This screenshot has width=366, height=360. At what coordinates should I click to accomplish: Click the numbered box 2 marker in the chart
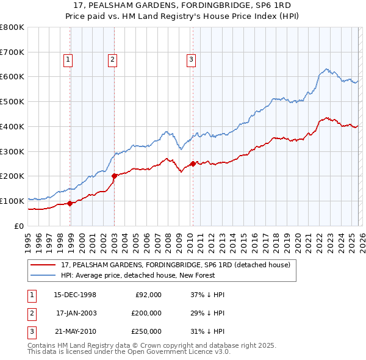(113, 59)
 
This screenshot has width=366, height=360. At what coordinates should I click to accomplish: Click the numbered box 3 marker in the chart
(191, 59)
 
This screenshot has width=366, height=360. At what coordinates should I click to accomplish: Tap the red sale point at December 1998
(70, 203)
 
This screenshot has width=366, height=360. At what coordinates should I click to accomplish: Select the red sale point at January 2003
(114, 176)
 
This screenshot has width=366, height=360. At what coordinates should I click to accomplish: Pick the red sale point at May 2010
(193, 164)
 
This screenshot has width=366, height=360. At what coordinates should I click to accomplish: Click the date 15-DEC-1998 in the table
(74, 295)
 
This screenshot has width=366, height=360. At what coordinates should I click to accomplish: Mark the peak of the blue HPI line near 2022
(328, 69)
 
